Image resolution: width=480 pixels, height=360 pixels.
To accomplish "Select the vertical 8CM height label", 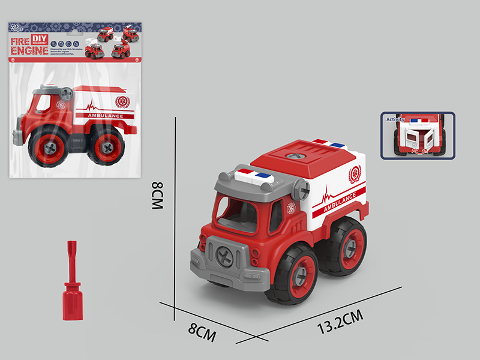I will coord(157,196).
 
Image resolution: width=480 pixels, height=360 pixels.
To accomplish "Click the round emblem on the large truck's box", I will coord(355,175).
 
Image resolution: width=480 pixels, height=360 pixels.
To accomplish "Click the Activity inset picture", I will coord(418,136).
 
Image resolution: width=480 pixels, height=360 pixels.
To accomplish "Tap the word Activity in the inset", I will coord(395,120).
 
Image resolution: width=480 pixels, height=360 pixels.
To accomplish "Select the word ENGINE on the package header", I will coord(28,52).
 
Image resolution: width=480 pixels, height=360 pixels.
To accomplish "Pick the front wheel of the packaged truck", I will coord(46,147).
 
